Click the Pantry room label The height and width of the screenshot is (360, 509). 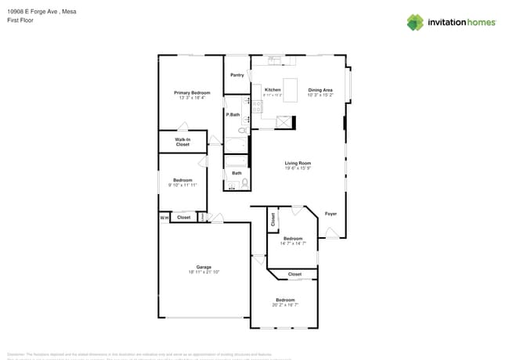[x=237, y=75]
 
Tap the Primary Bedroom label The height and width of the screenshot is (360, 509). [x=192, y=93]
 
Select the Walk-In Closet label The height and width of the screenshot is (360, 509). [x=182, y=142]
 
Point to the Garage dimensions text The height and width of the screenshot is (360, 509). [x=204, y=272]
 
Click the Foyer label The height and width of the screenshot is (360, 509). [x=331, y=213]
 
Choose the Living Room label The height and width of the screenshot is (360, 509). [x=298, y=163]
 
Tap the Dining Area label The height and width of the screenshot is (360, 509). [x=320, y=90]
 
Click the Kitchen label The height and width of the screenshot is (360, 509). [x=273, y=90]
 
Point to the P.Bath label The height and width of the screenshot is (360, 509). [x=233, y=115]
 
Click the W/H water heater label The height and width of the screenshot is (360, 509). [x=164, y=218]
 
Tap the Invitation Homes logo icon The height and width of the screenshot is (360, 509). [x=414, y=22]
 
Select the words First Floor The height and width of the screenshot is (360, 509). [x=21, y=20]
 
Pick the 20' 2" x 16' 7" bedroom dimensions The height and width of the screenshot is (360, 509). [x=285, y=305]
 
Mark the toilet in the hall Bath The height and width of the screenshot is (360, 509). [x=245, y=184]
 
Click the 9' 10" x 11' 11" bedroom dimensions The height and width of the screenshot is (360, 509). [x=182, y=185]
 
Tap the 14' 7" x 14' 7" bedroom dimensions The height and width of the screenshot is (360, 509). [x=293, y=243]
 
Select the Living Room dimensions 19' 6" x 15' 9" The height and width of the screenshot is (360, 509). [x=298, y=168]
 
